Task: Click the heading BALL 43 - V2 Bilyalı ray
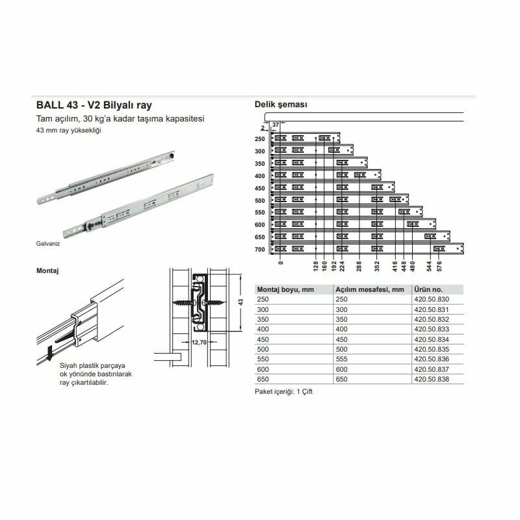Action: pos(94,105)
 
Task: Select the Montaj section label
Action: pos(47,270)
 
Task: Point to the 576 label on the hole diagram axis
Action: pos(439,267)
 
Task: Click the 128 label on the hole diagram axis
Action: pos(315,267)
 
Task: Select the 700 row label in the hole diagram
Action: pos(259,249)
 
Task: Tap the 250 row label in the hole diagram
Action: pos(259,139)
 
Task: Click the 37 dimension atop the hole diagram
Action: pos(275,124)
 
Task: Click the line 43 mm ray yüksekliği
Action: pos(69,131)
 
